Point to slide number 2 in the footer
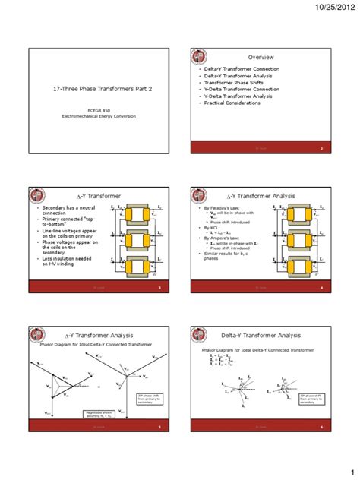pos(321,148)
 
